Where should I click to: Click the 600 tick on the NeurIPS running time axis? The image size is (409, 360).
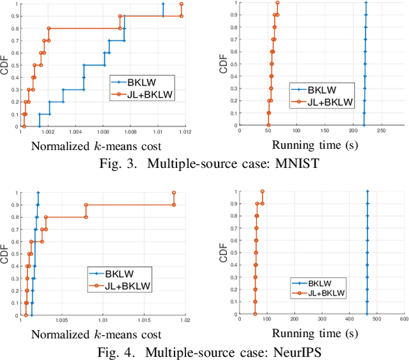click(x=403, y=320)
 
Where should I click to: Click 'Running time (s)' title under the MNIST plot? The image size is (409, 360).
click(x=313, y=145)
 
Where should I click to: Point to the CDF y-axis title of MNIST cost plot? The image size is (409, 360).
click(x=6, y=64)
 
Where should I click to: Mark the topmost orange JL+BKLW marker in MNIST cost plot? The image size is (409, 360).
click(x=181, y=4)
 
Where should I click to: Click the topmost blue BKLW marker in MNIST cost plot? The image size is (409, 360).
click(x=163, y=4)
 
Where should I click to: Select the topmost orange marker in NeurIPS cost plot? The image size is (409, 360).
click(x=174, y=192)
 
